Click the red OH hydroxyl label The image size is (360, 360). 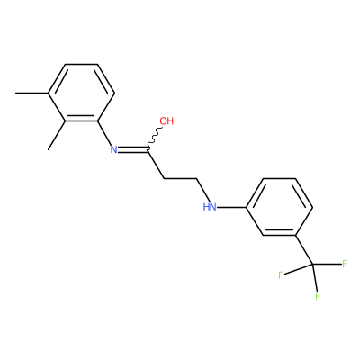click(x=166, y=121)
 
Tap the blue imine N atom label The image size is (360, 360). click(x=113, y=149)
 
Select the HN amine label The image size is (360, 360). click(x=210, y=207)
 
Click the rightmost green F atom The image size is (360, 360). click(x=345, y=264)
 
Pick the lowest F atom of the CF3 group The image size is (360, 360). click(x=318, y=296)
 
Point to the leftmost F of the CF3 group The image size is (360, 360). click(x=281, y=275)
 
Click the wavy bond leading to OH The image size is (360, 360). click(x=155, y=139)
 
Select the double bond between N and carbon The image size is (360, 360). click(x=133, y=149)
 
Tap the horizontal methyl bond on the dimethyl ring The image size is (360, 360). click(x=32, y=93)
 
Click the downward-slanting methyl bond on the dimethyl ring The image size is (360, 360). click(x=57, y=135)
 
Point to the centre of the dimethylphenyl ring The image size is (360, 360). click(x=82, y=93)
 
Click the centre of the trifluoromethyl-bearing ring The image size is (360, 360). click(x=280, y=207)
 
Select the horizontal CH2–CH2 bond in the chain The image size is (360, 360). click(x=181, y=179)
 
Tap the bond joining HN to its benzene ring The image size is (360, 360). click(x=232, y=207)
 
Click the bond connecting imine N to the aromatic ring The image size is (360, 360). click(x=104, y=133)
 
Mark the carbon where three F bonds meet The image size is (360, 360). click(x=312, y=265)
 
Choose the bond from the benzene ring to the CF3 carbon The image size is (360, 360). click(x=304, y=250)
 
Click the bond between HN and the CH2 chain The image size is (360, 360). click(x=203, y=190)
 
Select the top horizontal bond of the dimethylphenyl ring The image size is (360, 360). click(x=82, y=64)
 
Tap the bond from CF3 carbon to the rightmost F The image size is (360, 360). click(x=327, y=265)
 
